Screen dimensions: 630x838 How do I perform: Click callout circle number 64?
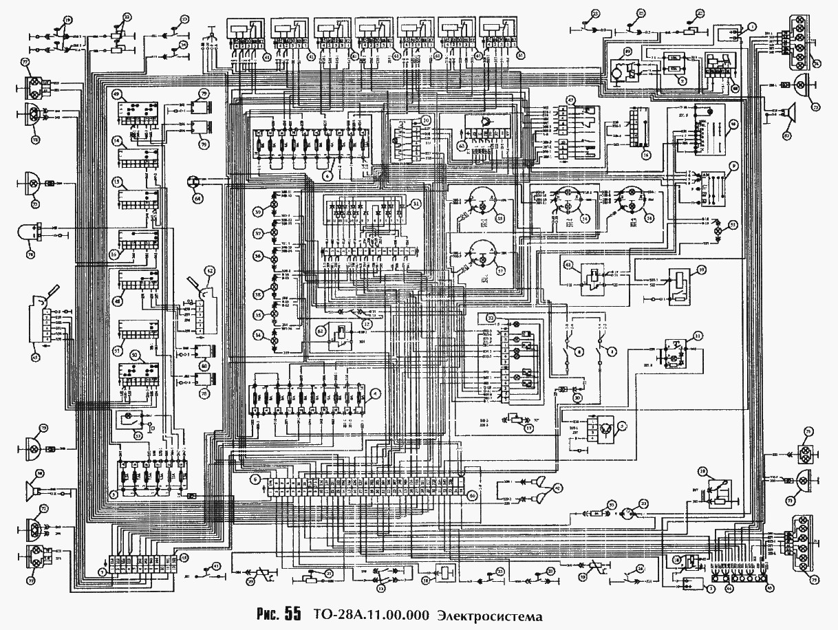(199, 198)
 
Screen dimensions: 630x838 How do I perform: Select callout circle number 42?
(211, 270)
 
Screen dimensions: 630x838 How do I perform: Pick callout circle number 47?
(570, 100)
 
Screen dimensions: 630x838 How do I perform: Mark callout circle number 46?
(735, 124)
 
